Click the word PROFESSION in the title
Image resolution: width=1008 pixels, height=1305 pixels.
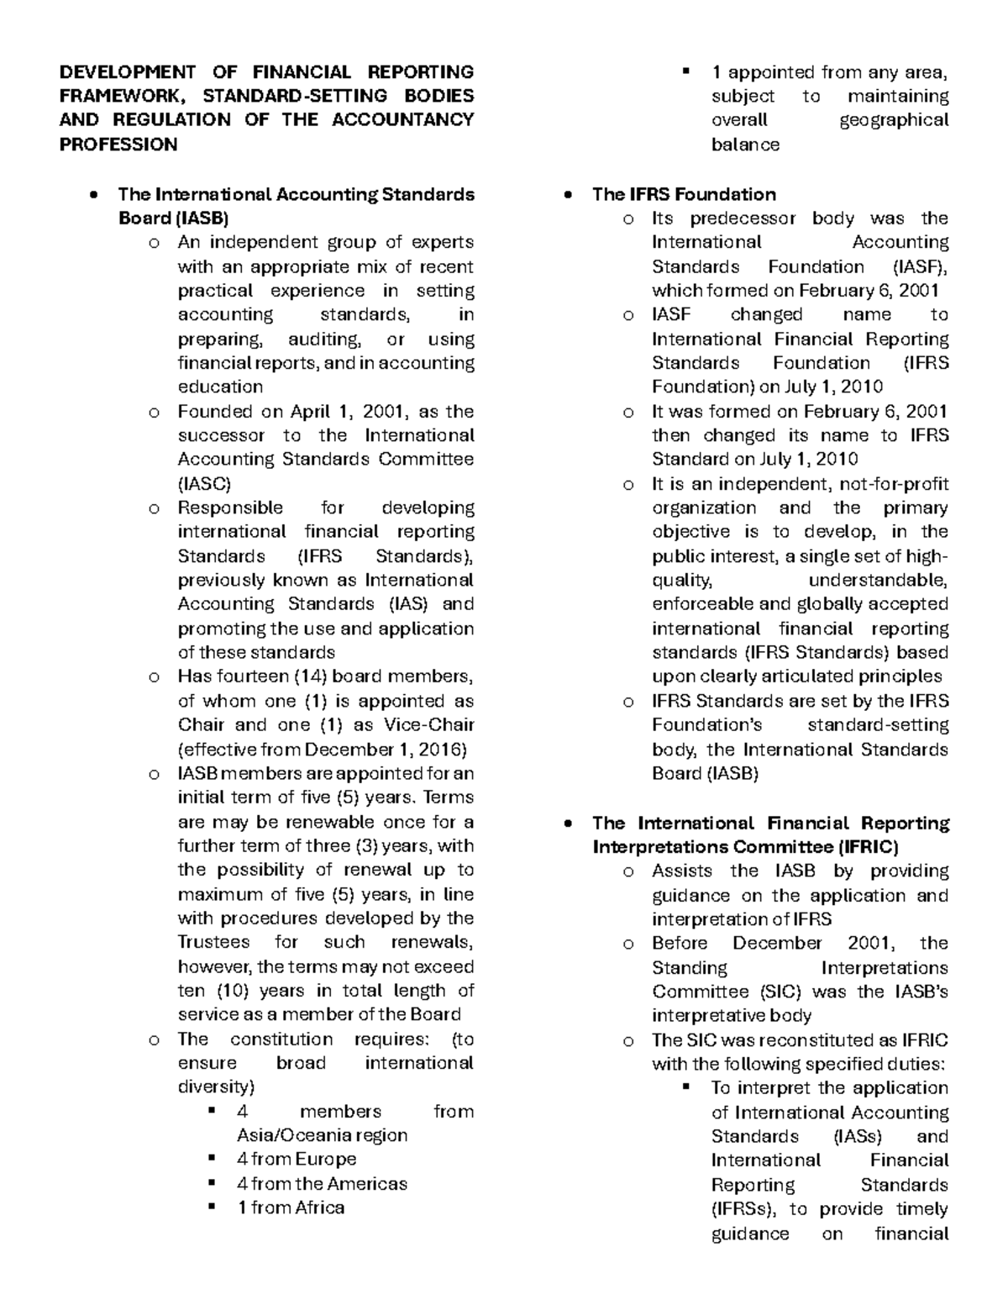118,145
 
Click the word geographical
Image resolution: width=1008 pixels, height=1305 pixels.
894,120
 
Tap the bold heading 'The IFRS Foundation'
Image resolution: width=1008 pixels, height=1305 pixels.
684,194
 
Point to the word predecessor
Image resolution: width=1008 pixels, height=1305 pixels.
743,218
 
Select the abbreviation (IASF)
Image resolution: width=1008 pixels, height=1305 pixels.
919,267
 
